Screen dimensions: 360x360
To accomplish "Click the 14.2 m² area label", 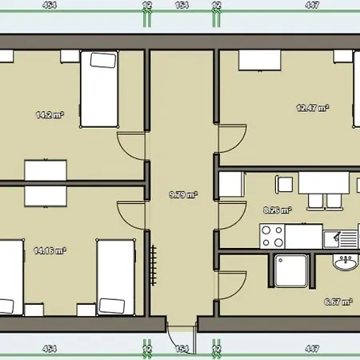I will tap(49, 115).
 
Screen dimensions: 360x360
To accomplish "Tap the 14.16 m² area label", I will tap(49, 250).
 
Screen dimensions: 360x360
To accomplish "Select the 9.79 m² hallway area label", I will tap(183, 194).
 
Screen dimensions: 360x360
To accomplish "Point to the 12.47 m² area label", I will tap(313, 108).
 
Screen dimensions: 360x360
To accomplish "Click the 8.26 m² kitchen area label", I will tap(278, 210).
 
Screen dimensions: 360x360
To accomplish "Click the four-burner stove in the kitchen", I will tap(273, 235).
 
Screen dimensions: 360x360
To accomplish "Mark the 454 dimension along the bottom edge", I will tap(50, 349).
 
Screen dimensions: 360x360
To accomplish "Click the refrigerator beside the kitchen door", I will tap(231, 185).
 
